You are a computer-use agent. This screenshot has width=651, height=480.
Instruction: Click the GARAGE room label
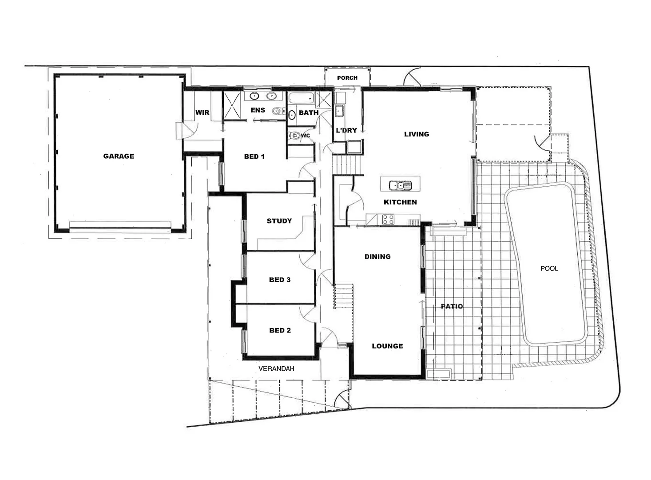coord(119,156)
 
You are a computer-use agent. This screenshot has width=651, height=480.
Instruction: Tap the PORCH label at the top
coord(347,78)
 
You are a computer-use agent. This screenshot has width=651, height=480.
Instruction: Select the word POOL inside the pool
coord(549,268)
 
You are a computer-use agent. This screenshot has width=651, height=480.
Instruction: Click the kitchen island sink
coord(397,185)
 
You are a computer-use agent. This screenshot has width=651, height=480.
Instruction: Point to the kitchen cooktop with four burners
coord(388,219)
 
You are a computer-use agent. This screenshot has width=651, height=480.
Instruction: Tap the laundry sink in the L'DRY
coord(340,111)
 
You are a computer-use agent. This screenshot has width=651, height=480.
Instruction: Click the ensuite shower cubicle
coord(231,105)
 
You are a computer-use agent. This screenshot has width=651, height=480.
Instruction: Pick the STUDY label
coord(279,221)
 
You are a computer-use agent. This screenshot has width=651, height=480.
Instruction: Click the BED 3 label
coord(280,280)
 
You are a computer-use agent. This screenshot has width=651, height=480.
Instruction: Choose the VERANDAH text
coord(276,368)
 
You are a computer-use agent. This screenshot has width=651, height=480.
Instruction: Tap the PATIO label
coord(452,306)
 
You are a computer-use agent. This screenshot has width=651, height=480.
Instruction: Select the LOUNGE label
coord(387,346)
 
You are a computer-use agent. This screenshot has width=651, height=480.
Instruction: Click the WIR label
coord(202,112)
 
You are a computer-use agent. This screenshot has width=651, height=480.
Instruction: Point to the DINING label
coord(377,256)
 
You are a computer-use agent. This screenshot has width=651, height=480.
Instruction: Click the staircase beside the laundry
coord(348,165)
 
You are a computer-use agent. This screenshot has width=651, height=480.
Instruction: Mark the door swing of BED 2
coord(309,314)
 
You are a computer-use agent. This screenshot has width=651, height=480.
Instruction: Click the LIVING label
coord(417,134)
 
